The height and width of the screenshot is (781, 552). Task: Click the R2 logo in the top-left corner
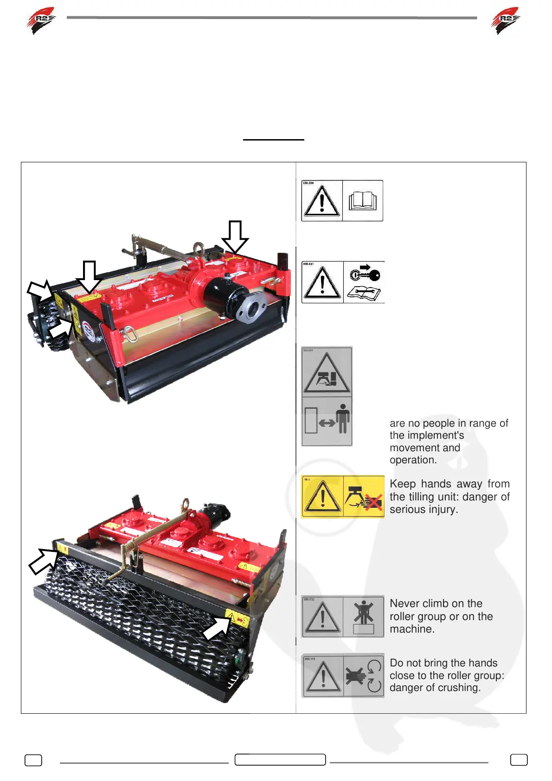(41, 20)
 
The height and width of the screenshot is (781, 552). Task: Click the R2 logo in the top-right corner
(505, 20)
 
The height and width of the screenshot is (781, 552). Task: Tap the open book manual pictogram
(363, 201)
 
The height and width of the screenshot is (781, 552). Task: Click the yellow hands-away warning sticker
(343, 496)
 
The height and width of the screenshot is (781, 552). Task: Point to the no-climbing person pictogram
(363, 616)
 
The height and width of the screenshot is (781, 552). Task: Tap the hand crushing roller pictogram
(364, 675)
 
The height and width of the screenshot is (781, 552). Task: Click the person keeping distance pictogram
(327, 421)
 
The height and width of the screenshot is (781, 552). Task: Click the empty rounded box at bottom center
(280, 759)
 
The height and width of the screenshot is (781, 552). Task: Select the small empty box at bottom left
(33, 760)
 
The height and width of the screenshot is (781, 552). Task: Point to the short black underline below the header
(273, 139)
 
